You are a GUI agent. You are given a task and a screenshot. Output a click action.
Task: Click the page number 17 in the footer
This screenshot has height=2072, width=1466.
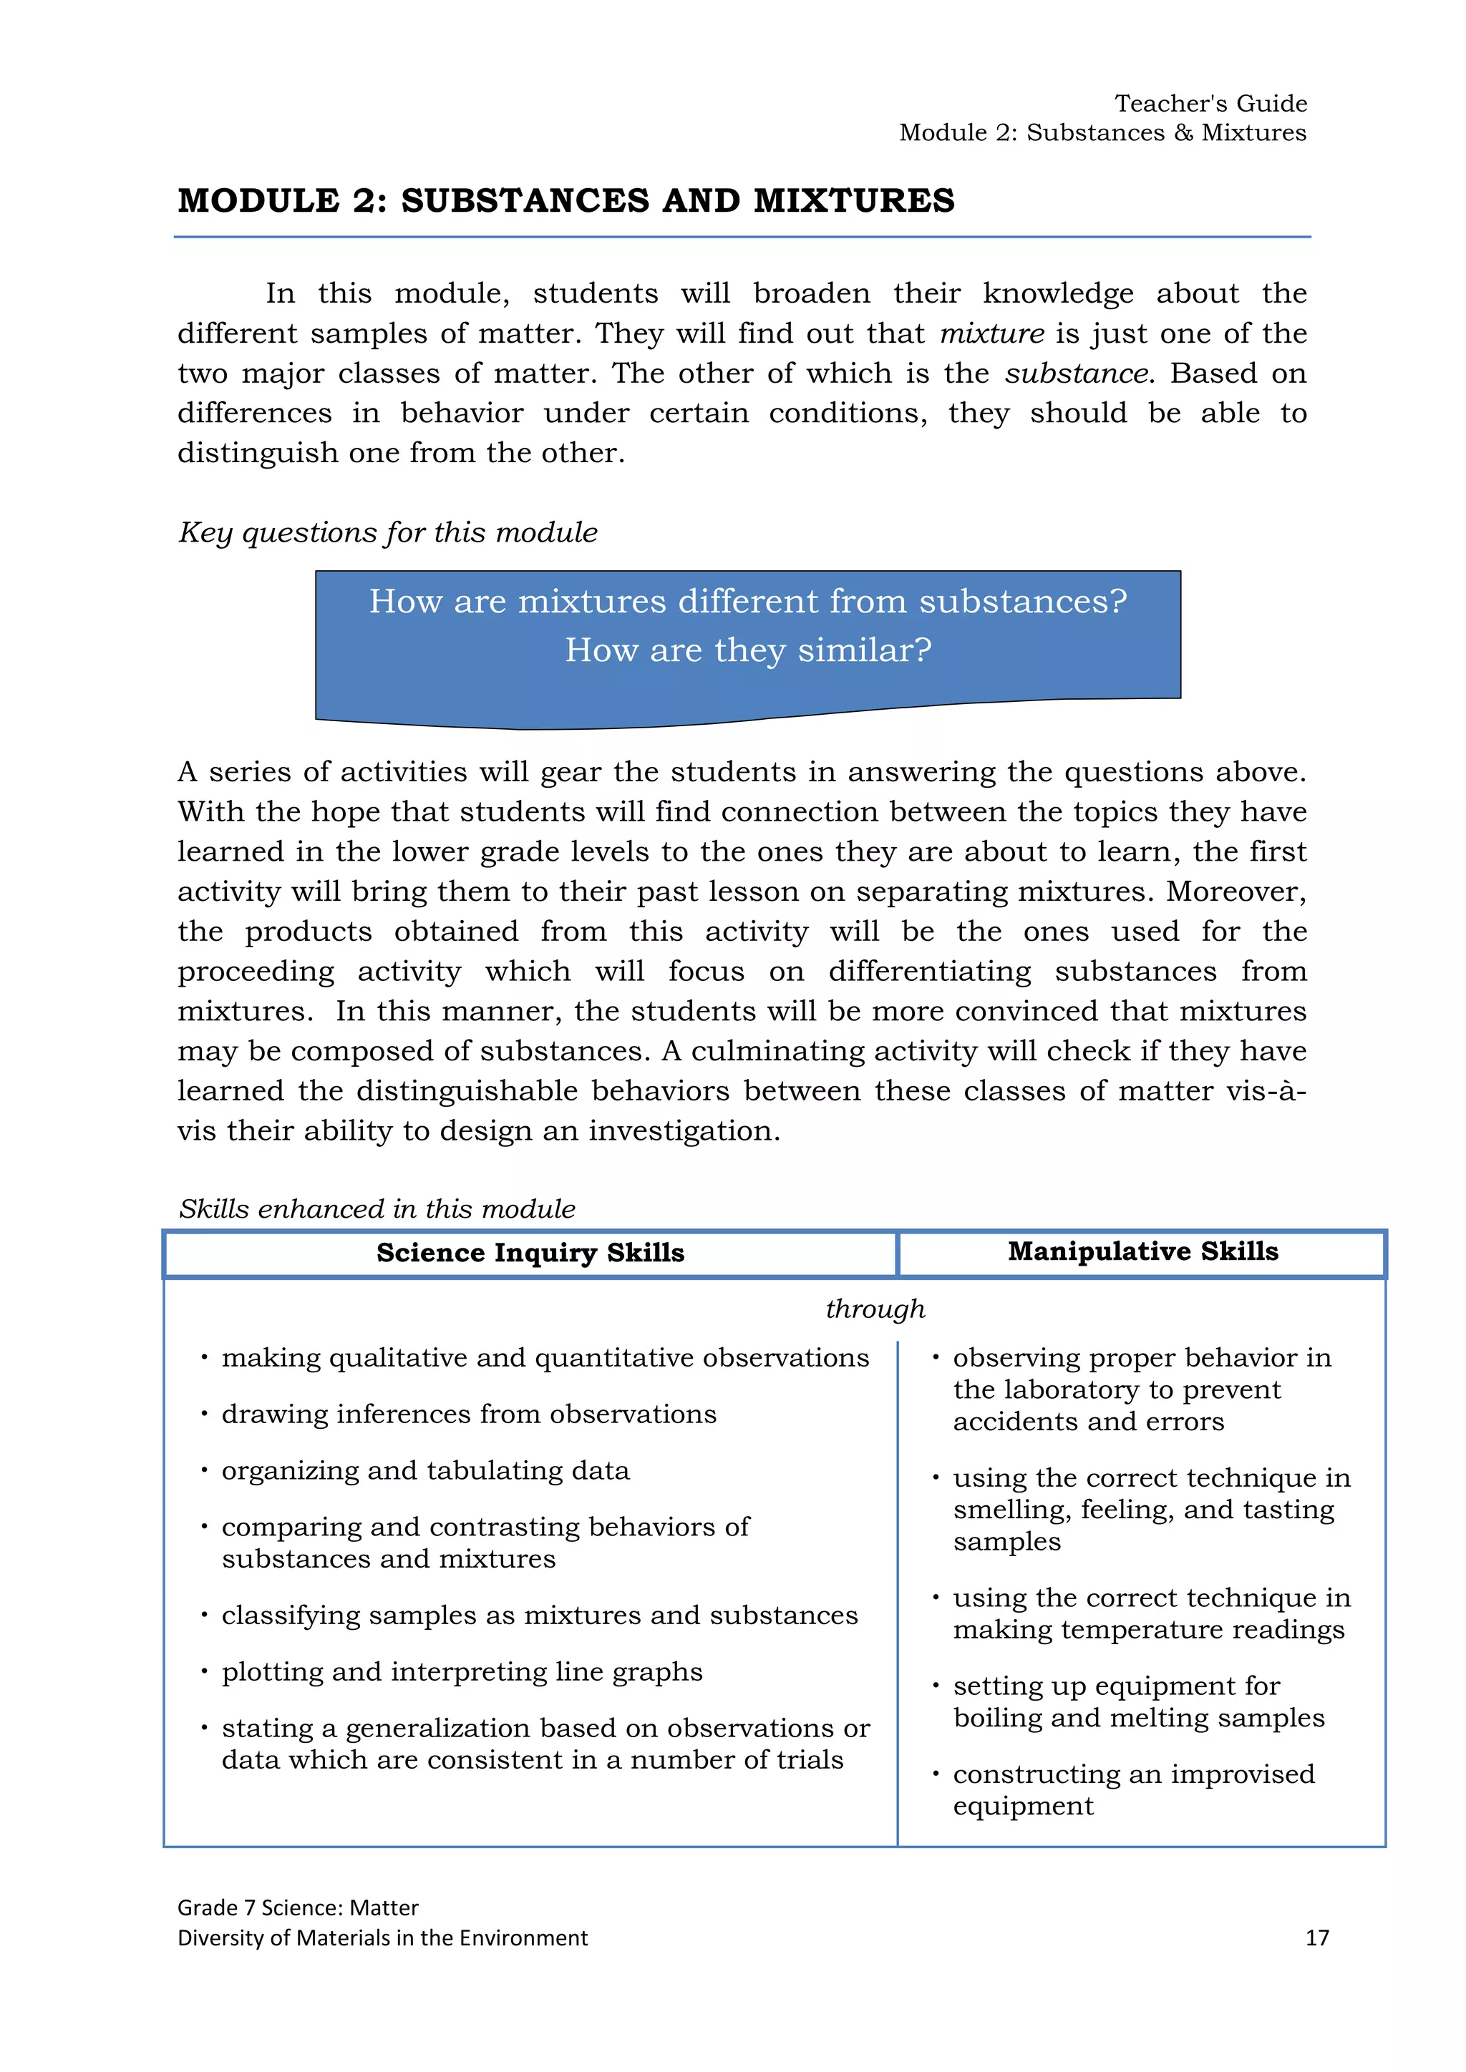pos(1316,1937)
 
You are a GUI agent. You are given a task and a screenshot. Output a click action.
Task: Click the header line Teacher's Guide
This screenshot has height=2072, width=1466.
pos(1210,103)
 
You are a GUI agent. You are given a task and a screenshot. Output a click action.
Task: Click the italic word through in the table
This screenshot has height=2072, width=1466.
pos(875,1309)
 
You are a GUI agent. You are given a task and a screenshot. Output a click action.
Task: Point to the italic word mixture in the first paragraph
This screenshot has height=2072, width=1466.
pos(991,334)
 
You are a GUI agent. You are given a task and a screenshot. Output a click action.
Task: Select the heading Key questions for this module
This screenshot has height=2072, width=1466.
pos(387,532)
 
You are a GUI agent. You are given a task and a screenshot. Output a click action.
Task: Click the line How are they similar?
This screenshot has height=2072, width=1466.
pos(747,650)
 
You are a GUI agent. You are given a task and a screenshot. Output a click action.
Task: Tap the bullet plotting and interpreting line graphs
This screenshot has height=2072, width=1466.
pos(461,1672)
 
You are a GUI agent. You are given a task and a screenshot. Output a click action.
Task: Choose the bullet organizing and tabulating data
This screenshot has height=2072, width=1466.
pos(425,1471)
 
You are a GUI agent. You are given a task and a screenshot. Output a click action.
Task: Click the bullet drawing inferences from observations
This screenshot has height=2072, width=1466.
pos(469,1414)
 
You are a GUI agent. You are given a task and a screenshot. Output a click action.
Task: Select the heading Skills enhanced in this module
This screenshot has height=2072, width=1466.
pos(377,1209)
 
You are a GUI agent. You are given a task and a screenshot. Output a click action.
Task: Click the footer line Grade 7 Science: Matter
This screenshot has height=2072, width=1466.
pos(297,1907)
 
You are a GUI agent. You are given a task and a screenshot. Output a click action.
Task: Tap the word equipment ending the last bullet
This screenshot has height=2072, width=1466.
pos(1022,1806)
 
